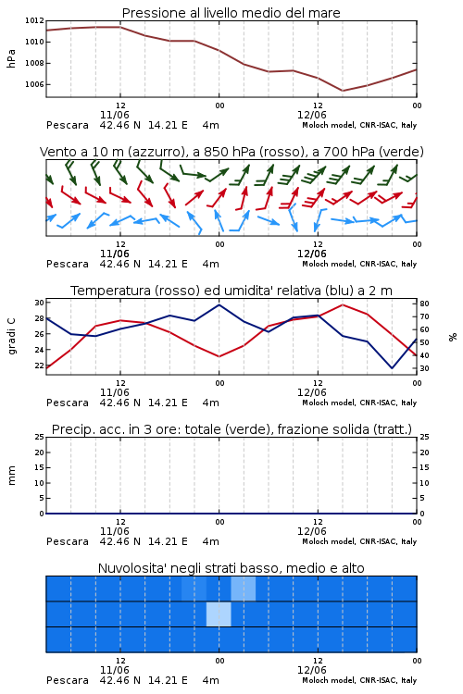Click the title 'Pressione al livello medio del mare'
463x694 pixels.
pos(231,13)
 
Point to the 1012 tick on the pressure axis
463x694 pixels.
pos(34,20)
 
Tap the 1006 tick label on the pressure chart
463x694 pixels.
pos(34,84)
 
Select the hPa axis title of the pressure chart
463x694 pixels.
pos(11,58)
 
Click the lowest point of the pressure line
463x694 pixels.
pos(343,91)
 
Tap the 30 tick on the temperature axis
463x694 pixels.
pos(40,303)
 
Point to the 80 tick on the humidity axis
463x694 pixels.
pos(424,304)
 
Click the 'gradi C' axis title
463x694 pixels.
pos(11,337)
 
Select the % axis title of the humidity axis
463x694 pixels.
pos(453,337)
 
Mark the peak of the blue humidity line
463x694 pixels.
pos(219,304)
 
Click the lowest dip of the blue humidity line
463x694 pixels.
pos(392,367)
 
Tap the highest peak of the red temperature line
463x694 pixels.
pos(343,304)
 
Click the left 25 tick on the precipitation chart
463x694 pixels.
pos(40,437)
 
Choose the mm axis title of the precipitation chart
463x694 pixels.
pos(11,476)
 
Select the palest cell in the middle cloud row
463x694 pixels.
pos(219,613)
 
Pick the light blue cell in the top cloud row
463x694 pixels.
pos(244,589)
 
